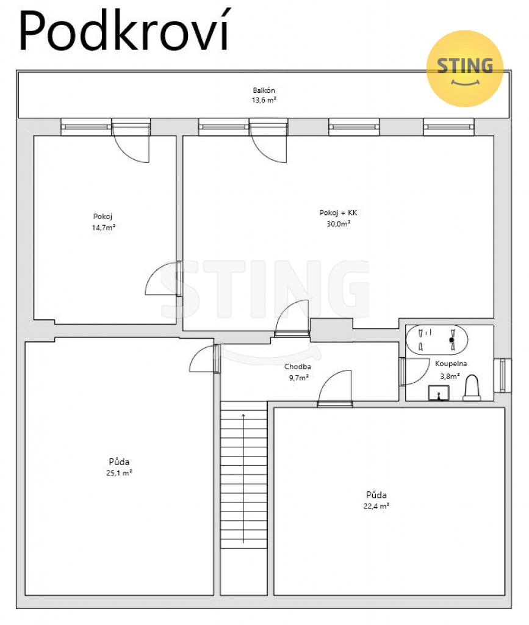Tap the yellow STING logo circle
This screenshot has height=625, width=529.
tap(464, 68)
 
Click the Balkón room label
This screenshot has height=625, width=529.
tap(264, 90)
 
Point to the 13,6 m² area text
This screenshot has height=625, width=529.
tap(264, 100)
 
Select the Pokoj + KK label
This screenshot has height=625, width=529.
tap(338, 213)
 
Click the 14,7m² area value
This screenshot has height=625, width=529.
tap(104, 228)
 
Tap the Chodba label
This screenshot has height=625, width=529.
tap(298, 367)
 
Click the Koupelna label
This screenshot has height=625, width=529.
tap(451, 364)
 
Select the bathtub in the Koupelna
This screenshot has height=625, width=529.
tap(437, 340)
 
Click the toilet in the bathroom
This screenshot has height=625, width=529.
tap(472, 388)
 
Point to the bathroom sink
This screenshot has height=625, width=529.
tap(439, 393)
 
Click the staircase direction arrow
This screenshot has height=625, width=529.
tap(243, 479)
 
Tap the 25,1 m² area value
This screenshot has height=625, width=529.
tap(119, 473)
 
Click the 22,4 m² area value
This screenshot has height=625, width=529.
tap(376, 506)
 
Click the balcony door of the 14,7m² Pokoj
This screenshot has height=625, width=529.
tap(131, 141)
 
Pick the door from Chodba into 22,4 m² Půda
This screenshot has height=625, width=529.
tap(335, 388)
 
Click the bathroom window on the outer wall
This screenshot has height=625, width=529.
tap(503, 375)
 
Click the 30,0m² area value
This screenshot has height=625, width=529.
tap(339, 224)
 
